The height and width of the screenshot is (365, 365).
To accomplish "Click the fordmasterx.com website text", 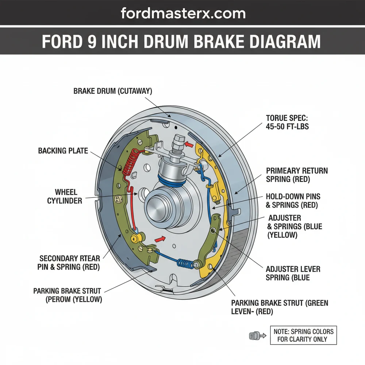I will click(x=183, y=14).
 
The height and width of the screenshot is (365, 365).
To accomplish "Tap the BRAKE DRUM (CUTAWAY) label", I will click(x=112, y=91).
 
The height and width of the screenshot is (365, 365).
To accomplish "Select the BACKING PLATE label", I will click(x=63, y=150).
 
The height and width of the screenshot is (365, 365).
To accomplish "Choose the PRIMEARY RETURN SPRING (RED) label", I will click(x=297, y=175).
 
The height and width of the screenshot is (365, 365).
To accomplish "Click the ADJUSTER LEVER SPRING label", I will click(x=293, y=273).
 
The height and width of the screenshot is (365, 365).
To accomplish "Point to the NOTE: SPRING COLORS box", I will click(x=303, y=335).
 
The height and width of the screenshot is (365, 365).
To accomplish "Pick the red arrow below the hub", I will click(x=159, y=239).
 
